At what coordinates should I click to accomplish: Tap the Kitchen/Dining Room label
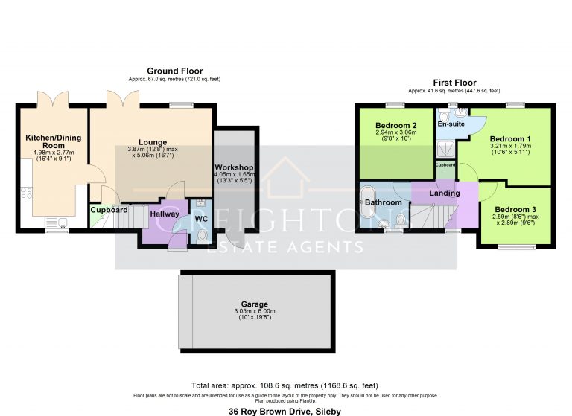pyautogui.click(x=53, y=141)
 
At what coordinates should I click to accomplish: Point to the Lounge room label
pyautogui.click(x=152, y=142)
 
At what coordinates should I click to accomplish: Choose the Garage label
pyautogui.click(x=254, y=304)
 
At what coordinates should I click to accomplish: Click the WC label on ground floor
pyautogui.click(x=200, y=219)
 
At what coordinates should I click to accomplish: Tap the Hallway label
pyautogui.click(x=165, y=214)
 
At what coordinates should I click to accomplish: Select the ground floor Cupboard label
pyautogui.click(x=109, y=210)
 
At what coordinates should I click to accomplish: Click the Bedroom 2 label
pyautogui.click(x=395, y=124)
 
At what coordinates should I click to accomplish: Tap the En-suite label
pyautogui.click(x=451, y=124)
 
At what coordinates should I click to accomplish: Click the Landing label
pyautogui.click(x=445, y=193)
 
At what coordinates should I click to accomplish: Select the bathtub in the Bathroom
pyautogui.click(x=367, y=202)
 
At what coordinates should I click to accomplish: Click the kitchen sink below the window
pyautogui.click(x=56, y=222)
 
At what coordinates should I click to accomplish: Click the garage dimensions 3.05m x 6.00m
pyautogui.click(x=254, y=311)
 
